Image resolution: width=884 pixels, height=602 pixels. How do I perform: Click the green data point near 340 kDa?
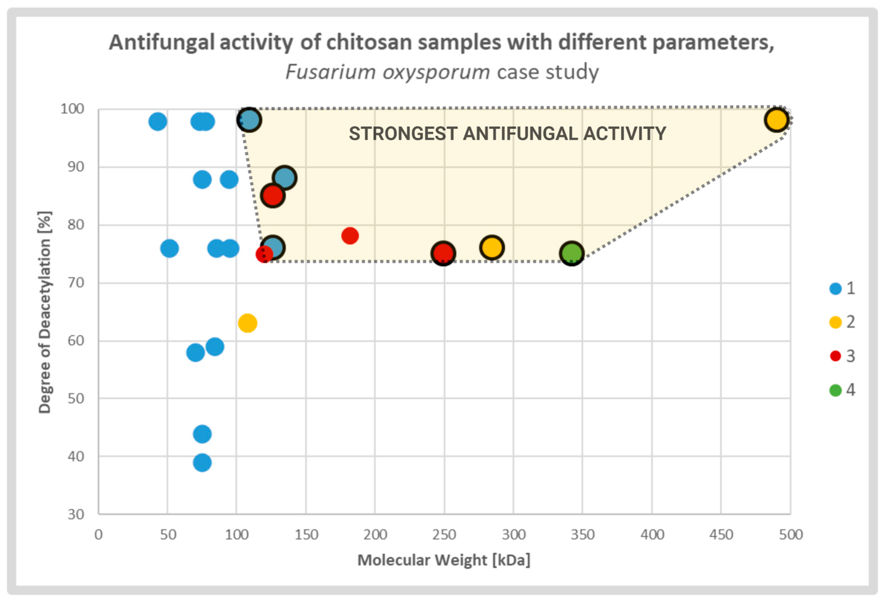[x=571, y=253]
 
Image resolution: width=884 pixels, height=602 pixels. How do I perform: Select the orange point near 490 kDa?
[x=776, y=120]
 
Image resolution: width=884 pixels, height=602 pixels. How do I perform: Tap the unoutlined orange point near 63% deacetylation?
[x=247, y=323]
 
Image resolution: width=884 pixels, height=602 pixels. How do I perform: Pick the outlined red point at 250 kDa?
[x=443, y=253]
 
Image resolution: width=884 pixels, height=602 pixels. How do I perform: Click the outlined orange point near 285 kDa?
[x=491, y=247]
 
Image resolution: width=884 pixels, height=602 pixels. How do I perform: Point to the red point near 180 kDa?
[x=349, y=236]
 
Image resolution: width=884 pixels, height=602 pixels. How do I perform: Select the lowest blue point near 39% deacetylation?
[x=202, y=462]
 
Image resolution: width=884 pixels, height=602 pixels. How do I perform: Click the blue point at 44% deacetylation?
[x=202, y=434]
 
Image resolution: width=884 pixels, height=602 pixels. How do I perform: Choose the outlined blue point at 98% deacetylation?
[x=249, y=120]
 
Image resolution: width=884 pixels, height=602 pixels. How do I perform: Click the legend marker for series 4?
[x=835, y=390]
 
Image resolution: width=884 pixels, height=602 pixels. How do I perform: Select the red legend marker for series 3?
[x=835, y=356]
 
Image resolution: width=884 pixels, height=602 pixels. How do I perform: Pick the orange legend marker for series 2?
[x=835, y=322]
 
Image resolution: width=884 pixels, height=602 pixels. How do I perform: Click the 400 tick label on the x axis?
[x=652, y=535]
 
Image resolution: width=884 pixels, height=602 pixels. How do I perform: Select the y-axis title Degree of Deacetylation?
[x=45, y=312]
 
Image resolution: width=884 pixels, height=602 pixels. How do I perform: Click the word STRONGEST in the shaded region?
[x=403, y=134]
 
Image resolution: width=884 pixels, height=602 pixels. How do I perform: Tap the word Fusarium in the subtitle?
[x=330, y=72]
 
